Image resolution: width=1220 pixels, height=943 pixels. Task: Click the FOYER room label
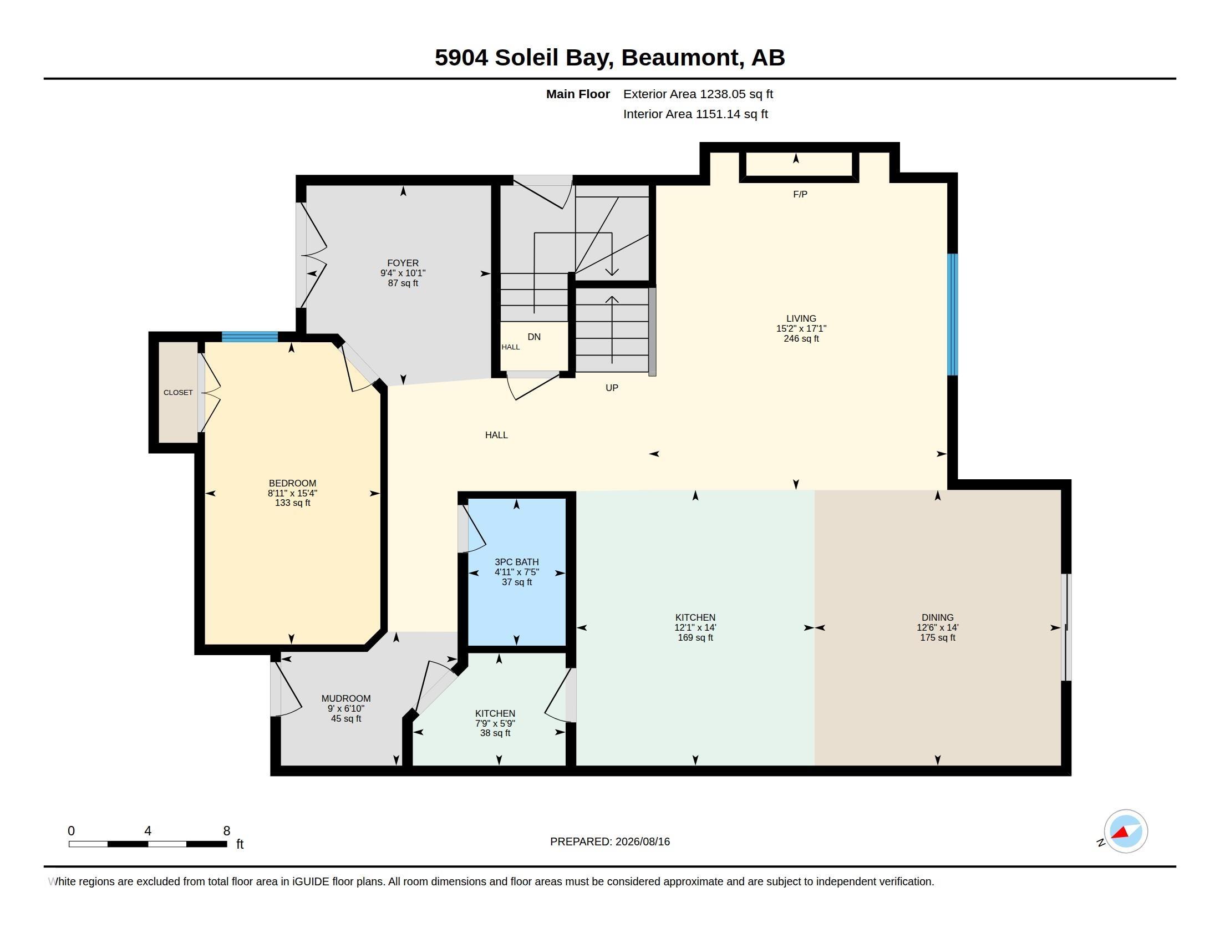(x=403, y=263)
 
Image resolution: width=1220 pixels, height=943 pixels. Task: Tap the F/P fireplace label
(x=800, y=194)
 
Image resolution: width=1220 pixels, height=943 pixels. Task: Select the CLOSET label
(x=178, y=393)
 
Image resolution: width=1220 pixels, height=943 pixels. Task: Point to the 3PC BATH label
(x=517, y=562)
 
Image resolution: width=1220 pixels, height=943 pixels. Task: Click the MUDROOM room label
(x=346, y=698)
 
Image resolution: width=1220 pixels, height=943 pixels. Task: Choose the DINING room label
(x=937, y=617)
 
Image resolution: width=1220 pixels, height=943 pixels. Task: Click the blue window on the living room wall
(x=952, y=315)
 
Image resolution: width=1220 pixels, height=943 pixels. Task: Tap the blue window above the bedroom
(x=250, y=337)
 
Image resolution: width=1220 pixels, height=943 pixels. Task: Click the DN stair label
(x=534, y=337)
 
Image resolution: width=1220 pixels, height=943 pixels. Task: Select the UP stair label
(x=612, y=388)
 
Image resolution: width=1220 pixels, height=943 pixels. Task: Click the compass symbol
(x=1126, y=832)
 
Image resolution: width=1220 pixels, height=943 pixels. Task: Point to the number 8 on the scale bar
(x=227, y=831)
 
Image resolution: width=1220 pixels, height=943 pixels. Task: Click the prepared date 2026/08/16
(x=642, y=842)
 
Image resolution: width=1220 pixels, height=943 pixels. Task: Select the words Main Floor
(x=578, y=94)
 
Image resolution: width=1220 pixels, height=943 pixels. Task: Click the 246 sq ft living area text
(x=801, y=338)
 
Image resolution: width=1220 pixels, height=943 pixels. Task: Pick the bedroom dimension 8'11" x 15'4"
(x=292, y=493)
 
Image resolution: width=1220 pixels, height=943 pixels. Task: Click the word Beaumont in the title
(x=683, y=58)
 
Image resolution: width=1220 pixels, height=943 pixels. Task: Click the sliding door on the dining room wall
(x=1066, y=627)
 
